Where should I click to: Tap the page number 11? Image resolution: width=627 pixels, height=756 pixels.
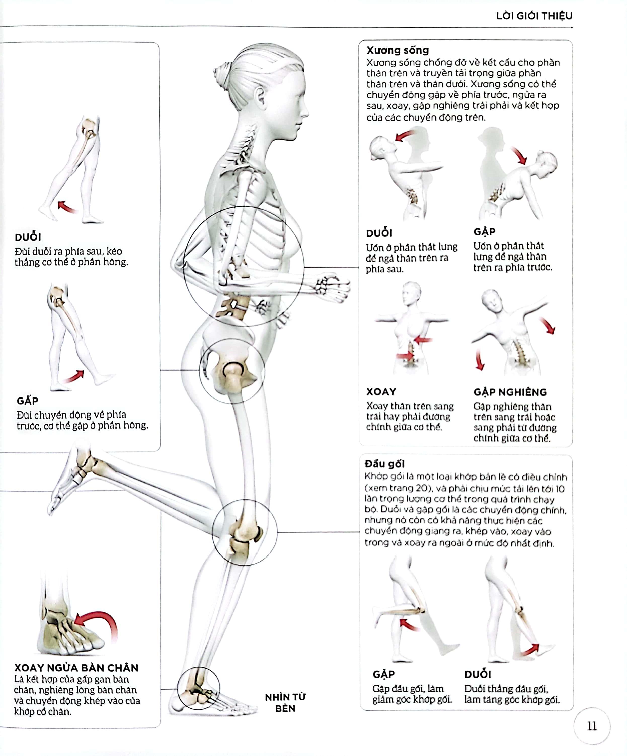coord(592,726)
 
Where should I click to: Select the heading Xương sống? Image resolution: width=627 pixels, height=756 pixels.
coord(397,50)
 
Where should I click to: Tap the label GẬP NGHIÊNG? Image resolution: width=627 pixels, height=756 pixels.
coord(510,392)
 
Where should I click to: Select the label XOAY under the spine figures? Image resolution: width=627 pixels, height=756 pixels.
coord(381,392)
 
